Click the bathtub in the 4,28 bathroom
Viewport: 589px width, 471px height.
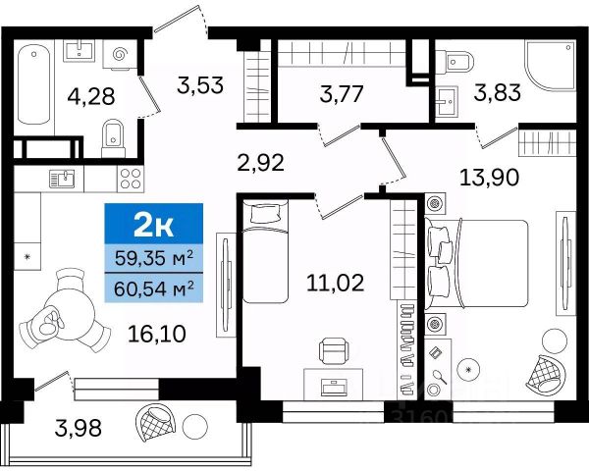pos(33,85)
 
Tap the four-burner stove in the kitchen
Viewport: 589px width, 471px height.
pos(132,179)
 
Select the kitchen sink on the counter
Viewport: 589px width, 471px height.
pos(62,179)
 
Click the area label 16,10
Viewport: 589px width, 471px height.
pos(157,334)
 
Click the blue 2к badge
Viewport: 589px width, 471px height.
pos(154,224)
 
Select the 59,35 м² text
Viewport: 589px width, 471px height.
pos(154,258)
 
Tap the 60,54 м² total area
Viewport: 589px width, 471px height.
pos(154,288)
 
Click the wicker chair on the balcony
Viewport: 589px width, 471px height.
pos(154,424)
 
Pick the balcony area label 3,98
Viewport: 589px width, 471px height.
pos(79,428)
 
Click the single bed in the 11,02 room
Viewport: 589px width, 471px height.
pos(265,251)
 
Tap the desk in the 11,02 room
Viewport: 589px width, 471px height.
pos(333,385)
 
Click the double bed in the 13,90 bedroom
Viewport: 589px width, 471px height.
pos(476,264)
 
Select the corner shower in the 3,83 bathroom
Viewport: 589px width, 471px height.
pos(551,66)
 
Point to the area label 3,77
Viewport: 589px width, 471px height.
pos(342,94)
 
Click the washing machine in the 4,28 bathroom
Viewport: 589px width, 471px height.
pos(120,55)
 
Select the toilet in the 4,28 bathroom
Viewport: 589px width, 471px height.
pos(113,138)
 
